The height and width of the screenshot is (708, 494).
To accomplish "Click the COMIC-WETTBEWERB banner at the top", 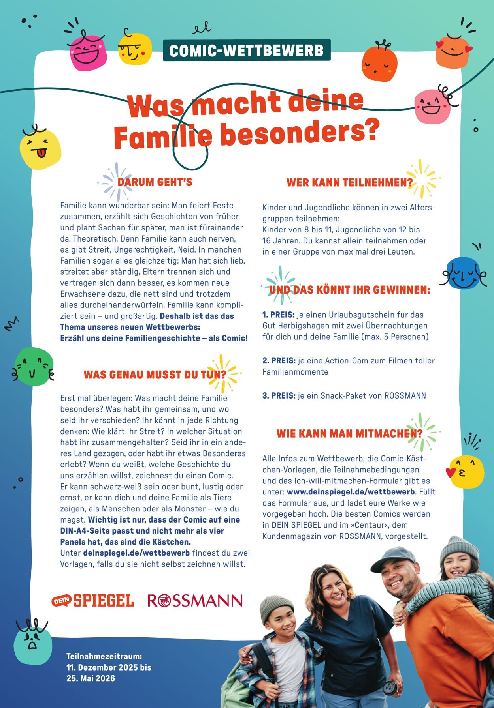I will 247,50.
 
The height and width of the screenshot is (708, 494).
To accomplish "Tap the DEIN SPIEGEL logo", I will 93,601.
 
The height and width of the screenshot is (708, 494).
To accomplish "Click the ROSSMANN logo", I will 195,601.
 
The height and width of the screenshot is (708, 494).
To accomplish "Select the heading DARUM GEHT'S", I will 155,182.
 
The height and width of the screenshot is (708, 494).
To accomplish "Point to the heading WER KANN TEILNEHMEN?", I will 349,182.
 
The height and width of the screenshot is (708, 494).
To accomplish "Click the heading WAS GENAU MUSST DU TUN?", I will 155,375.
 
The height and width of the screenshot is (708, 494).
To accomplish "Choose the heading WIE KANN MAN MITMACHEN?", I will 349,433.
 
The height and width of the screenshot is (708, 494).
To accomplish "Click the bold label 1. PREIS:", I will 278,315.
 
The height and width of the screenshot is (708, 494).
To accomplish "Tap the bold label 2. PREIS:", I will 279,360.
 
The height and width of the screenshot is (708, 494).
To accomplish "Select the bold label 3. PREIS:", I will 279,395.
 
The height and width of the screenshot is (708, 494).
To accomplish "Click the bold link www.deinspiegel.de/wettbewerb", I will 351,492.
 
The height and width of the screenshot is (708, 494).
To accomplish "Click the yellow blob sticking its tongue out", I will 40,149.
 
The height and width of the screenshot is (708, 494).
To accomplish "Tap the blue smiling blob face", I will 464,273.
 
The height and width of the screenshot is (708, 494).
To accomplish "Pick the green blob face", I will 34,367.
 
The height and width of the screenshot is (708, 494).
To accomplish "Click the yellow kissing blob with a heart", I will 467,472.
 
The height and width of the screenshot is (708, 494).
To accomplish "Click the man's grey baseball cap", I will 393,558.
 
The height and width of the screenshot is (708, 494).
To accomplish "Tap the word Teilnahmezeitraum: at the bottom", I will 104,656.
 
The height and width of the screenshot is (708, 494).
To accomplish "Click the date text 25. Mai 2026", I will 91,678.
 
